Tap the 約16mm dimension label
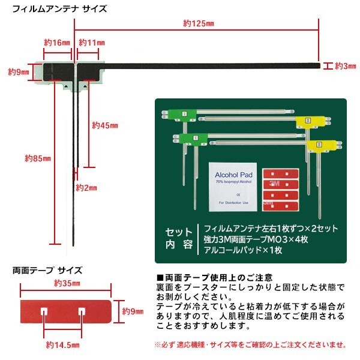[x=58, y=43]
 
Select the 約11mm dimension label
[x=92, y=43]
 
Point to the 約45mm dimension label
[x=105, y=125]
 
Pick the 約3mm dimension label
[x=346, y=65]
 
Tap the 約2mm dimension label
[x=86, y=188]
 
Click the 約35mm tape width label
[x=66, y=283]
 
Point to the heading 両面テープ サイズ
[x=47, y=271]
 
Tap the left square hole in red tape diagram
[x=46, y=311]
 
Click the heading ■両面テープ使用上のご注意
[x=214, y=277]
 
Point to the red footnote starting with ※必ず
[x=250, y=344]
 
